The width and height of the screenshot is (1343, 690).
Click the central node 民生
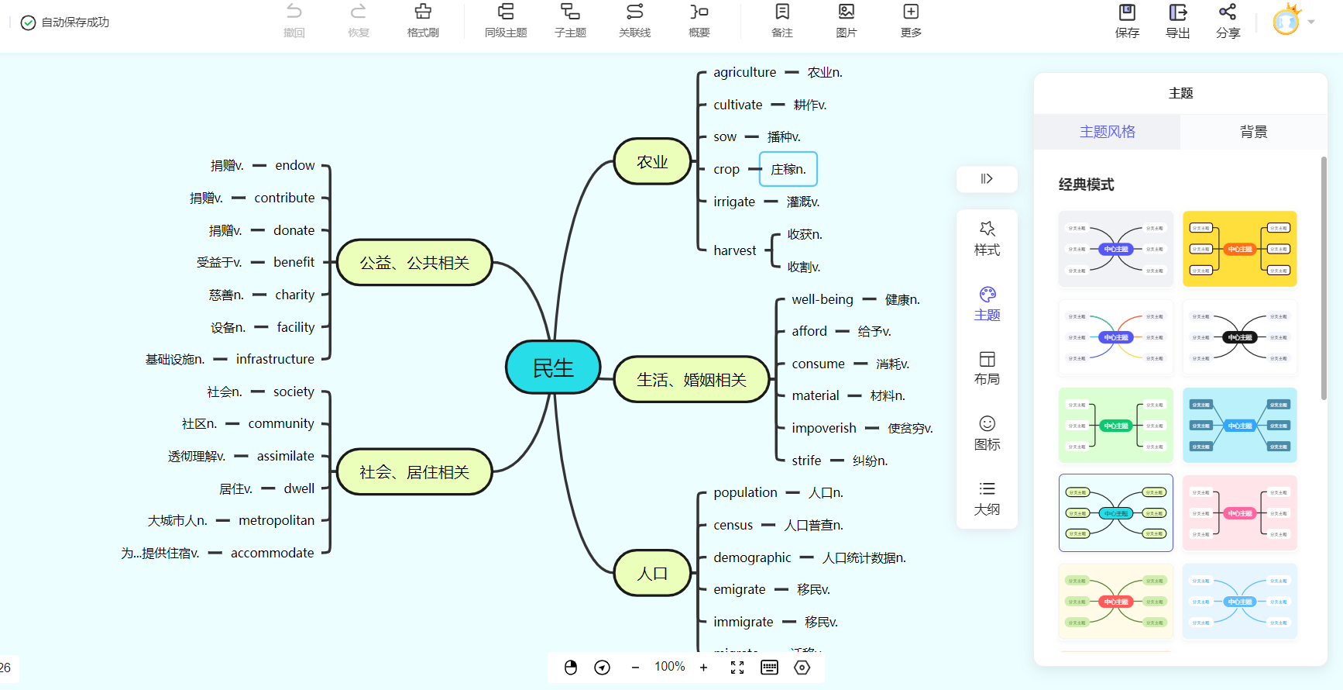pyautogui.click(x=553, y=367)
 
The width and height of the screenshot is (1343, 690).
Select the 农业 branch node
pyautogui.click(x=652, y=161)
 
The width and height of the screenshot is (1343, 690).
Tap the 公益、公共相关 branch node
pyautogui.click(x=414, y=263)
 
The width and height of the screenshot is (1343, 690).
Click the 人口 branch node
pyautogui.click(x=652, y=573)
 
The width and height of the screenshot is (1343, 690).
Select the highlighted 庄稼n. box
pyautogui.click(x=788, y=169)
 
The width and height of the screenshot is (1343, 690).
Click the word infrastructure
pyautogui.click(x=275, y=359)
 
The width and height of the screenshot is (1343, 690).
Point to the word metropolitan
pyautogui.click(x=276, y=520)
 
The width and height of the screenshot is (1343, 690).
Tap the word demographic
pyautogui.click(x=752, y=557)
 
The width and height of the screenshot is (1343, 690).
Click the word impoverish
pyautogui.click(x=824, y=428)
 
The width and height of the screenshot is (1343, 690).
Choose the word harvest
pyautogui.click(x=734, y=250)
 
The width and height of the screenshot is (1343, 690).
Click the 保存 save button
pyautogui.click(x=1127, y=21)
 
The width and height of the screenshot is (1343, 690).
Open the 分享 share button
pyautogui.click(x=1228, y=21)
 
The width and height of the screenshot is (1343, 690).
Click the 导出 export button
pyautogui.click(x=1177, y=21)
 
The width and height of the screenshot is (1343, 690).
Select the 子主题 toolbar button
pyautogui.click(x=570, y=21)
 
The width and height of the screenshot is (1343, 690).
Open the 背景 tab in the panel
pyautogui.click(x=1253, y=132)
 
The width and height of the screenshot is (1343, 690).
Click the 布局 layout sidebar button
pyautogui.click(x=987, y=367)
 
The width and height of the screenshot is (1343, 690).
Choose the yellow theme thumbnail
pyautogui.click(x=1239, y=249)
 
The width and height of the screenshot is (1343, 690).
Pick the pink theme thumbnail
pyautogui.click(x=1239, y=513)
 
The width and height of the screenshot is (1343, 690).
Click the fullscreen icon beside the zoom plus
pyautogui.click(x=737, y=668)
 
